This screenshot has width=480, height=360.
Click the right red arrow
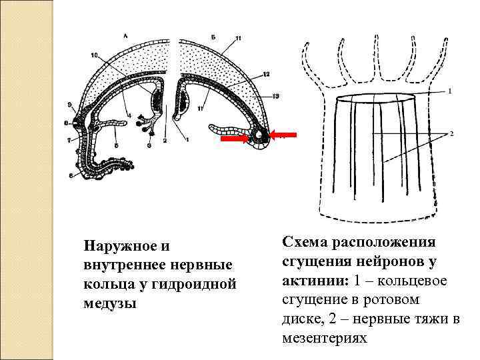(283, 135)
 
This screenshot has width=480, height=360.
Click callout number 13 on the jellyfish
(275, 96)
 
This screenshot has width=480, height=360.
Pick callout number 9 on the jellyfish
(69, 105)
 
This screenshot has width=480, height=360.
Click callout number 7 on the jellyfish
(69, 141)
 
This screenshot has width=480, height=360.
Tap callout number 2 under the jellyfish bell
(165, 141)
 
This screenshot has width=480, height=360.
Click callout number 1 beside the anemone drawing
(450, 90)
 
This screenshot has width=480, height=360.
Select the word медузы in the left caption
(109, 303)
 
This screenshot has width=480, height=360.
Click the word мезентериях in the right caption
(324, 338)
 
